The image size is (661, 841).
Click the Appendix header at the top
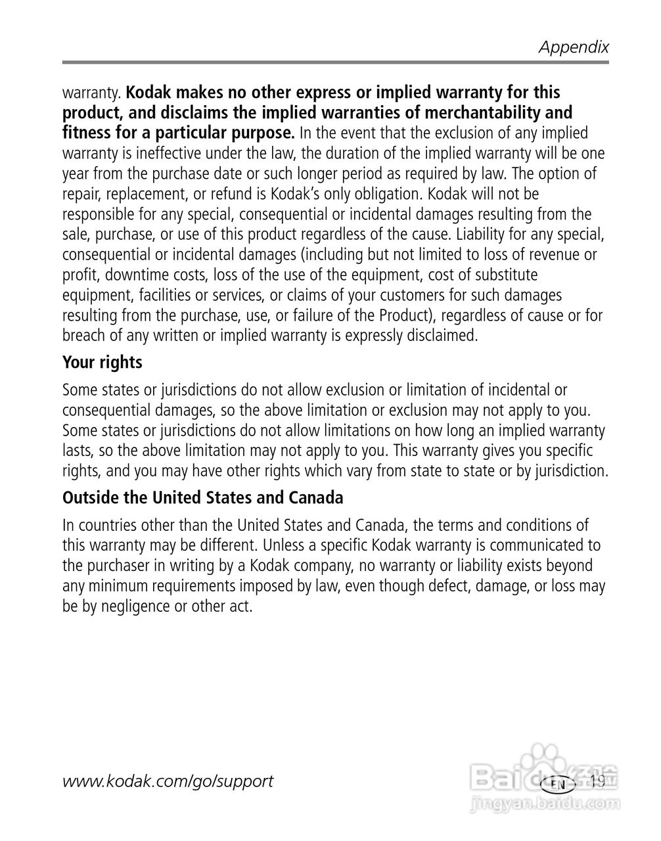(574, 47)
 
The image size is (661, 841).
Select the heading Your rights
(102, 362)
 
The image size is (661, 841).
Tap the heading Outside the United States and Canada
(202, 497)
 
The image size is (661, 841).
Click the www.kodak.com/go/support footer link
(168, 781)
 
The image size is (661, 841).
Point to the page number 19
(597, 781)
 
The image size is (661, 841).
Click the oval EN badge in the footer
(558, 783)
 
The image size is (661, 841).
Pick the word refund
(234, 194)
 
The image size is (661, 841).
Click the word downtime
(136, 275)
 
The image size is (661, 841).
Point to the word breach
(81, 336)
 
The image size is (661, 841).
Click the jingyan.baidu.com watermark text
(545, 803)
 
